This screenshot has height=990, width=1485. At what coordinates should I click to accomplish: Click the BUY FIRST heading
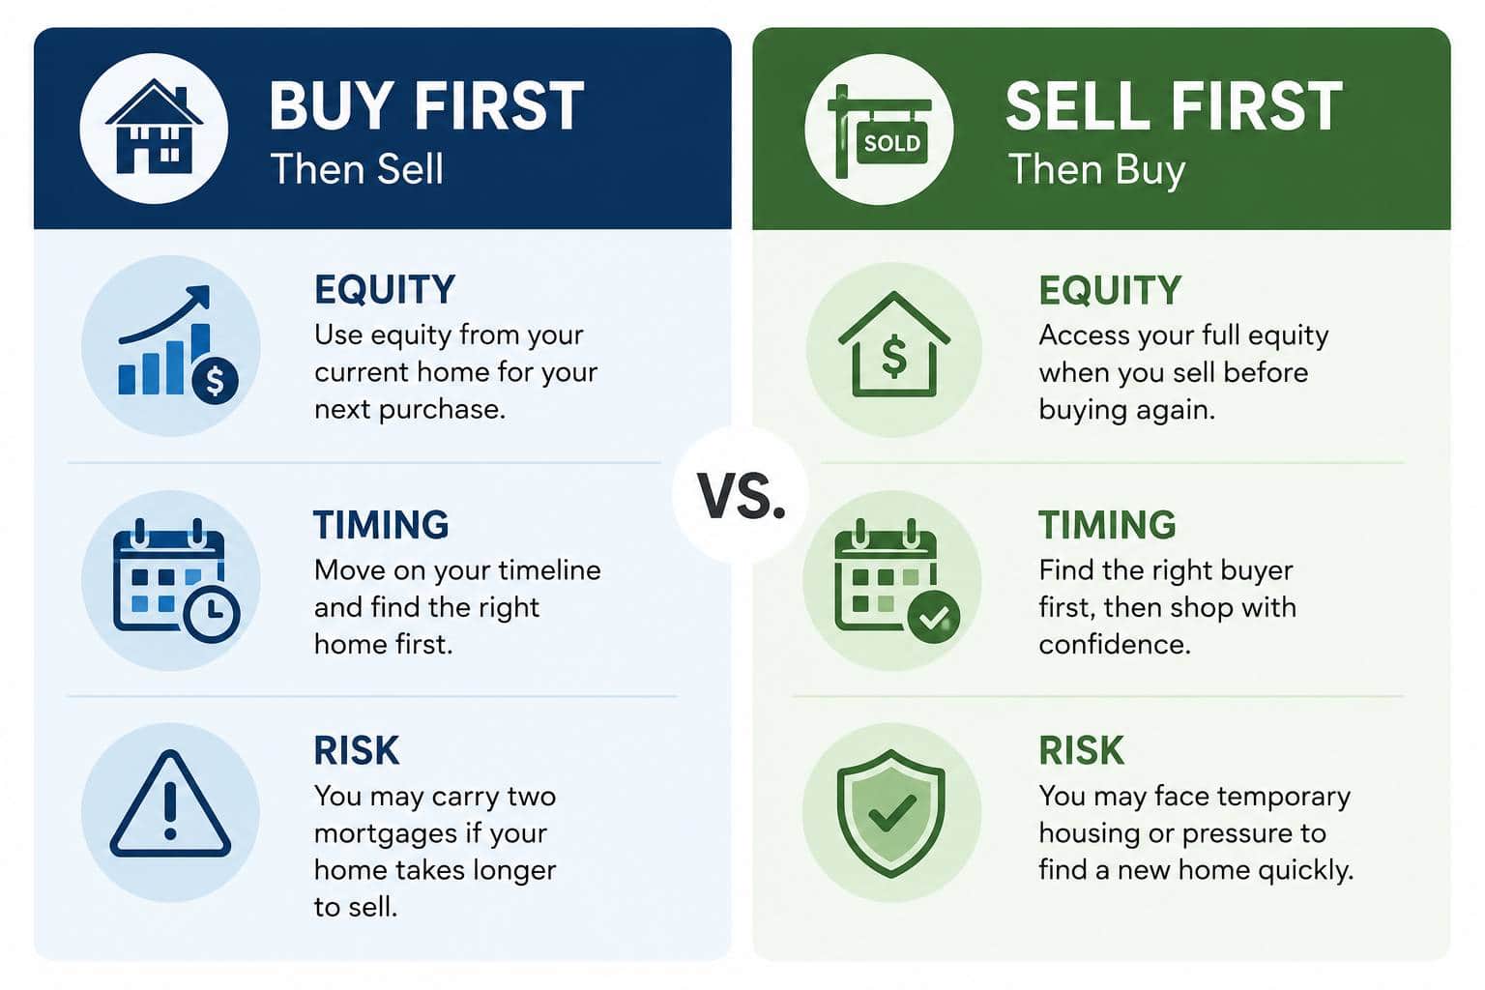pos(426,105)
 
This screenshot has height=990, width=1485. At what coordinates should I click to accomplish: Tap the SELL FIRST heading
pos(1174,105)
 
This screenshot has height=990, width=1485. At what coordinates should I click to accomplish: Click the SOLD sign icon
pos(880,131)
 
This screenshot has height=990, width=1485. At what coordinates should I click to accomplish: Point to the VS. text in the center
pos(742,495)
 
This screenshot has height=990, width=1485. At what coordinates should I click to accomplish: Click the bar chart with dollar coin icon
pos(178,345)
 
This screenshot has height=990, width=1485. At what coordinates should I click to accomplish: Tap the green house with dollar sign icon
pos(894,344)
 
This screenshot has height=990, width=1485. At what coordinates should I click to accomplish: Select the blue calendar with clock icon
pos(176,580)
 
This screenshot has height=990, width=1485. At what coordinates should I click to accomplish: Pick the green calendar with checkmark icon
pos(896,580)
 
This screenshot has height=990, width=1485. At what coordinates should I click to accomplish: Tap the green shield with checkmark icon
pos(891,814)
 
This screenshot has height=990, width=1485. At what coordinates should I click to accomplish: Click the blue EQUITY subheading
pos(385,290)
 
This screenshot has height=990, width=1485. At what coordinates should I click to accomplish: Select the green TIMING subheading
pos(1107,525)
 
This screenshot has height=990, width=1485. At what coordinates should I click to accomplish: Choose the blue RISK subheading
pos(357,750)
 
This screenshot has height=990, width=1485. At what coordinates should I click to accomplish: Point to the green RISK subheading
pos(1081,750)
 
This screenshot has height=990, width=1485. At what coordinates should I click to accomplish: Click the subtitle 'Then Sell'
pos(357,168)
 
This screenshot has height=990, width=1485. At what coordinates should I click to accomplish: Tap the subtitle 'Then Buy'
pos(1096,171)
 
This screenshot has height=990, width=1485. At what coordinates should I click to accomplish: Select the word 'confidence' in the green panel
pos(1115,645)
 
